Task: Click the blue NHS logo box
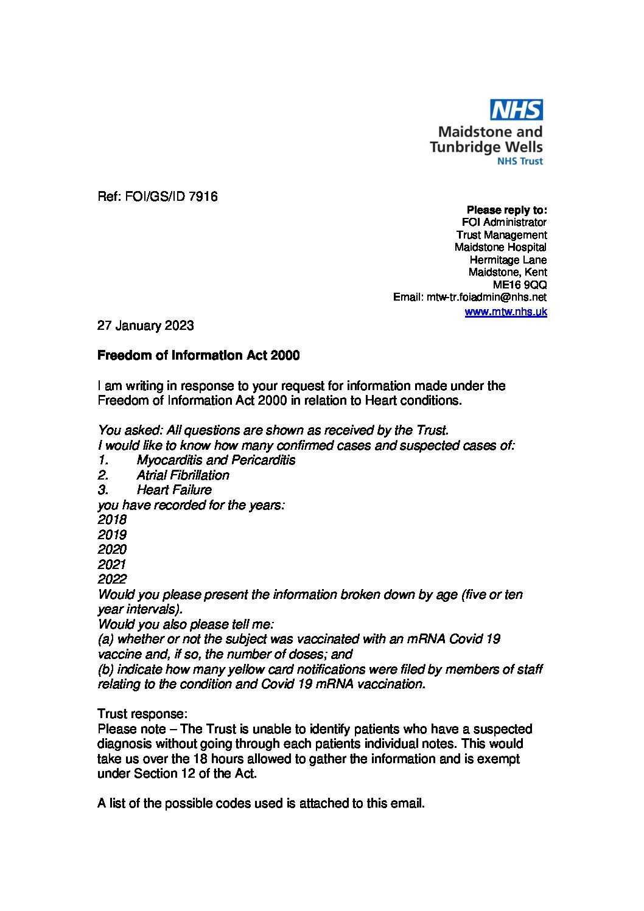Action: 516,110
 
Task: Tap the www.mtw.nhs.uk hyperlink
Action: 505,312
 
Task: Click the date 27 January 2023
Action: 145,326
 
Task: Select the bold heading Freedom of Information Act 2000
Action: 198,355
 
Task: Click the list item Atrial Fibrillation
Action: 183,475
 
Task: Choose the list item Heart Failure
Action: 174,490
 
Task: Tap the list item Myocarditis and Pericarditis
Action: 215,460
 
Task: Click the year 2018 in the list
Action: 112,520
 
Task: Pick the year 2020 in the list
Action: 112,550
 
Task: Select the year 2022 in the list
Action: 112,579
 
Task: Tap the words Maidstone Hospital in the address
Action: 500,247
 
